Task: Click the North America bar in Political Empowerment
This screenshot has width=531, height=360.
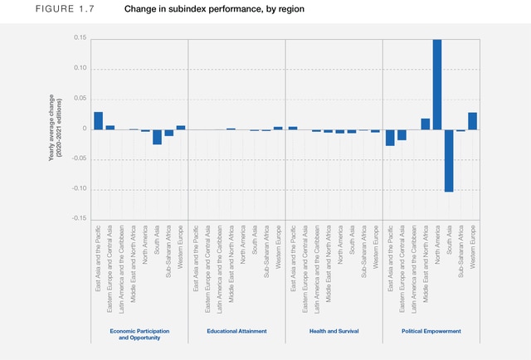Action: click(437, 84)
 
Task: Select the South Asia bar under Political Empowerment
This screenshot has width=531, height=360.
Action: click(449, 160)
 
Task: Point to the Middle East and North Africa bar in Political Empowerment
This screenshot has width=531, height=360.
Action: click(426, 124)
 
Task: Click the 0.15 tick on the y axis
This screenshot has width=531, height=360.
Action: click(80, 38)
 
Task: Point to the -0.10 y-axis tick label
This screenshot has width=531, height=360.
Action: click(79, 189)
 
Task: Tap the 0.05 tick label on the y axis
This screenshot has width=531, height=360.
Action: click(80, 99)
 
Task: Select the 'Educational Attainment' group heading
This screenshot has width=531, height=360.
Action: click(236, 331)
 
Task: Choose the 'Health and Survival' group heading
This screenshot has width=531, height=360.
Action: click(333, 331)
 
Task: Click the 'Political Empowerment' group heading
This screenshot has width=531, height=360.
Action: click(431, 331)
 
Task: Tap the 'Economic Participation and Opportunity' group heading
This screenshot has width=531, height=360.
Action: click(140, 334)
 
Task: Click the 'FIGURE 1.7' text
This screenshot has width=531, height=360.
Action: click(40, 9)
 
